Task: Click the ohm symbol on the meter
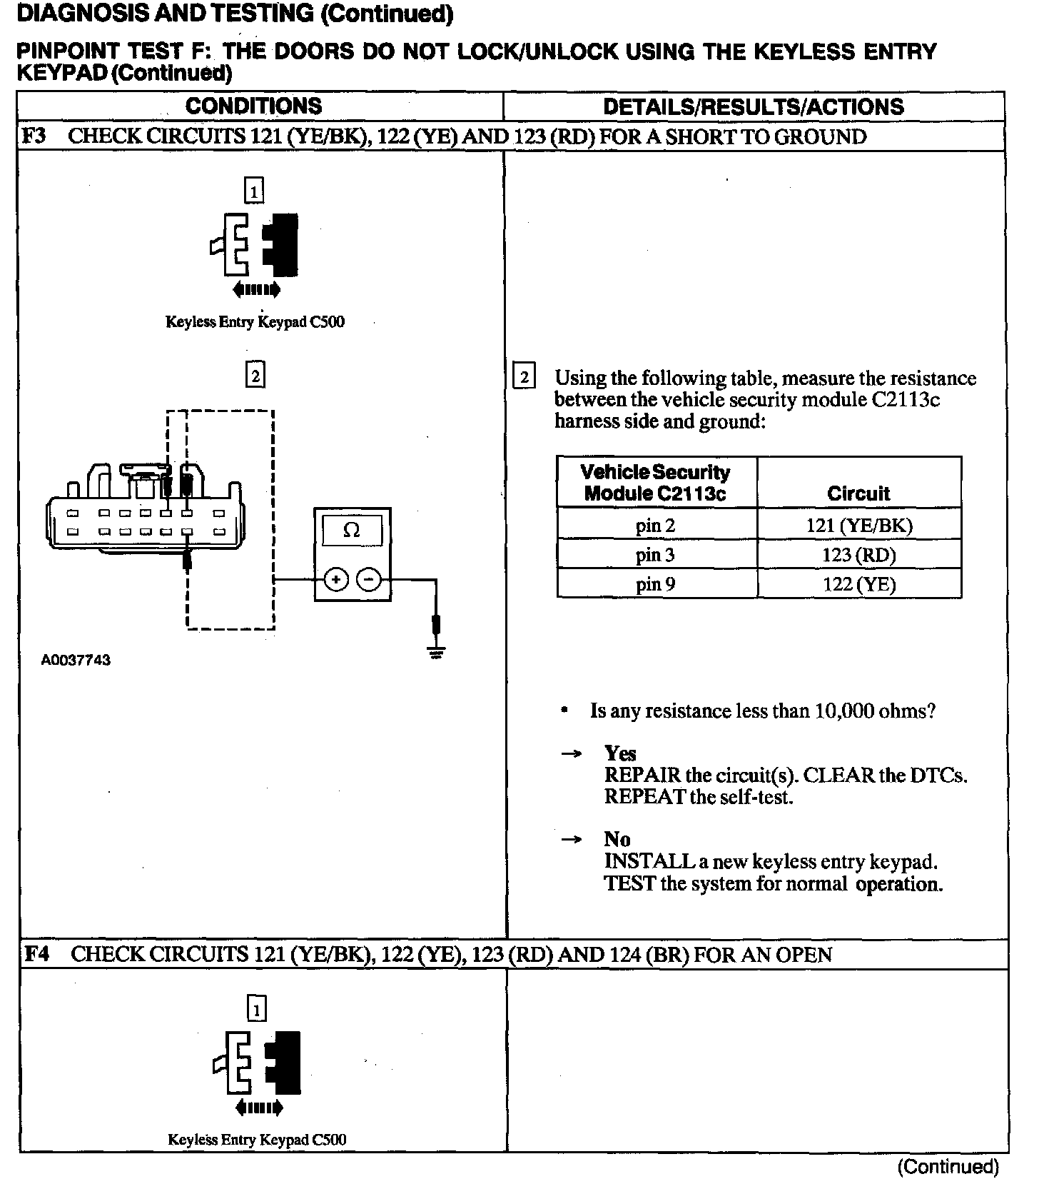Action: click(x=352, y=531)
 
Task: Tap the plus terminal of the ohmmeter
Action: click(x=335, y=579)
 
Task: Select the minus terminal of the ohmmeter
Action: click(x=368, y=579)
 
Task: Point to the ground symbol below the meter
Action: click(x=437, y=651)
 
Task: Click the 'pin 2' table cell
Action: click(x=655, y=526)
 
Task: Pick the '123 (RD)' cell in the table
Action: click(x=858, y=555)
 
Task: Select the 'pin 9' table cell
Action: click(x=655, y=584)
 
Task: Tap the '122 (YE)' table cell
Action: click(x=858, y=584)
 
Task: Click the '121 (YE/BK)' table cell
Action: click(x=858, y=526)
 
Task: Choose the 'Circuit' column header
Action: click(x=858, y=493)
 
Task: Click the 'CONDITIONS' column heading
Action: click(x=253, y=106)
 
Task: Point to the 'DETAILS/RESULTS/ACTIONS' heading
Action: click(x=753, y=107)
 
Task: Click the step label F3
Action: click(x=34, y=136)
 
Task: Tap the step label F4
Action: click(x=36, y=954)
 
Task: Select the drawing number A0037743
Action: click(x=76, y=661)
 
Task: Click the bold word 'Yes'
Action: click(x=619, y=753)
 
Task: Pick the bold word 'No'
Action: click(x=617, y=839)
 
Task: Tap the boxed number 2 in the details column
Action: click(x=524, y=377)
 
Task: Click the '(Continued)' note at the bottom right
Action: click(x=948, y=1166)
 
